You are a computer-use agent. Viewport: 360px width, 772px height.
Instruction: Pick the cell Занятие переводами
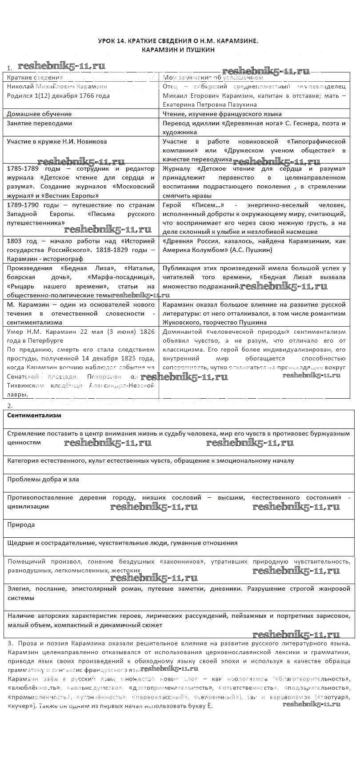(x=40, y=123)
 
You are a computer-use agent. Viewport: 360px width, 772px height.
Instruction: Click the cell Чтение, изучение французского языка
(x=222, y=114)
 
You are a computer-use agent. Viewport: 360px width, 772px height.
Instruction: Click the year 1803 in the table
(x=16, y=241)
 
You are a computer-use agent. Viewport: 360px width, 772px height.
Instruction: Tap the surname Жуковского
(x=183, y=322)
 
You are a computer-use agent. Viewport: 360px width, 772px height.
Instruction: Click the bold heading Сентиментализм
(x=34, y=415)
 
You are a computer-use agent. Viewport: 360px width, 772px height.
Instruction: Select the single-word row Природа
(x=21, y=524)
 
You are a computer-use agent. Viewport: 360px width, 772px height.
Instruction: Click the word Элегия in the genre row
(x=19, y=588)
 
